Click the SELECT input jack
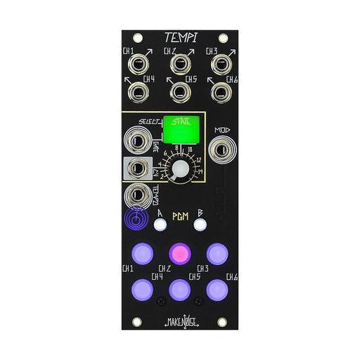click(137, 140)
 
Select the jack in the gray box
click(138, 169)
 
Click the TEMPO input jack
click(138, 198)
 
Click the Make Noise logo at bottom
click(180, 323)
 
